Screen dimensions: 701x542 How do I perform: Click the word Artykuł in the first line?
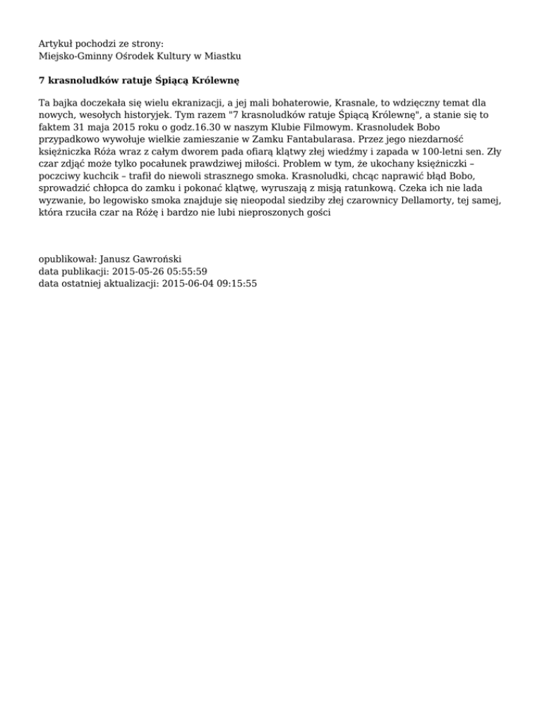(56, 43)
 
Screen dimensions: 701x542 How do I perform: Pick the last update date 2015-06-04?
(185, 283)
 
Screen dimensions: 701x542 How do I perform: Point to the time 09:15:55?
(235, 283)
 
